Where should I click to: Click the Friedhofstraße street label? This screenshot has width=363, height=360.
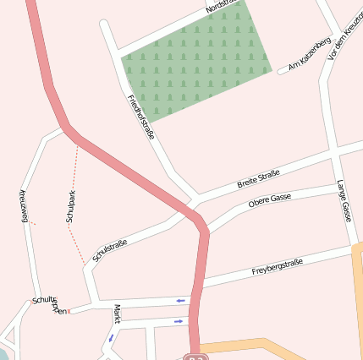[x=140, y=117]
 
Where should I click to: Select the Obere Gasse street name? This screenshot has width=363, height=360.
[x=270, y=201]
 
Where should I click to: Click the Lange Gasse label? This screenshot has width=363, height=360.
[x=344, y=201]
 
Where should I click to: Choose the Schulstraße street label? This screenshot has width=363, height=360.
[x=110, y=250]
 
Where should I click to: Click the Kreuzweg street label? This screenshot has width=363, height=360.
[x=24, y=207]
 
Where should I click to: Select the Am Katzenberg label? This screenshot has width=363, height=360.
[x=309, y=54]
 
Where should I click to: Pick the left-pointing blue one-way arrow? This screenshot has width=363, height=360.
[x=180, y=300]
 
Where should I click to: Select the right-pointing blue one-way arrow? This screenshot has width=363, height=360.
[x=178, y=321]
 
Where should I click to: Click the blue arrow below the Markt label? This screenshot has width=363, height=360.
[x=111, y=337]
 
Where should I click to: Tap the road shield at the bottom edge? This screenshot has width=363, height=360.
[x=195, y=357]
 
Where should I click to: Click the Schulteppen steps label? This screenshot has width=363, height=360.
[x=49, y=304]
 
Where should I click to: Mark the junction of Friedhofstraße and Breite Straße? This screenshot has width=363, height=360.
[x=195, y=200]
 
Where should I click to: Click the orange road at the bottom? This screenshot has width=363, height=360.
[x=254, y=346]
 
